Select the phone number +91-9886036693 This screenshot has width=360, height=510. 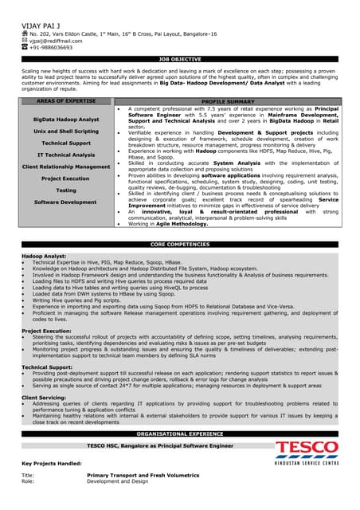51,47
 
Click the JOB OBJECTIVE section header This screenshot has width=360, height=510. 180,59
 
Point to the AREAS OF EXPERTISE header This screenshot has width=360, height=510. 67,102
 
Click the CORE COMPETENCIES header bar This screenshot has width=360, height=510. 180,244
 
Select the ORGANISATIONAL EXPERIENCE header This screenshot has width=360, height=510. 180,433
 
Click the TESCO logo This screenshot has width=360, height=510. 307,451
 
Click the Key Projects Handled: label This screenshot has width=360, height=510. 52,463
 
